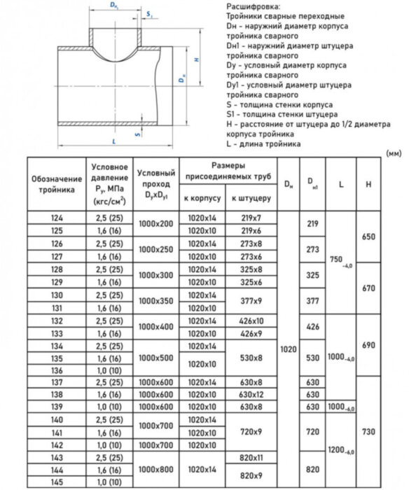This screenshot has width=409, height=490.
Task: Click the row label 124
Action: click(57, 218)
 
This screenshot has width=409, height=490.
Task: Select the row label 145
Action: click(57, 482)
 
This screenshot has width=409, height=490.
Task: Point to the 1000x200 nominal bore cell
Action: click(155, 224)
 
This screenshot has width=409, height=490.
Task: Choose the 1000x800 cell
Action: click(155, 470)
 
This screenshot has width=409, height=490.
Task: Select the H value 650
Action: click(368, 237)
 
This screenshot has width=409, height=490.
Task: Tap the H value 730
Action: click(368, 432)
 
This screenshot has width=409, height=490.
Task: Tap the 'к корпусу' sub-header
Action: click(203, 199)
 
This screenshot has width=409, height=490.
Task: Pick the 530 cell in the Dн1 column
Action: click(313, 356)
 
